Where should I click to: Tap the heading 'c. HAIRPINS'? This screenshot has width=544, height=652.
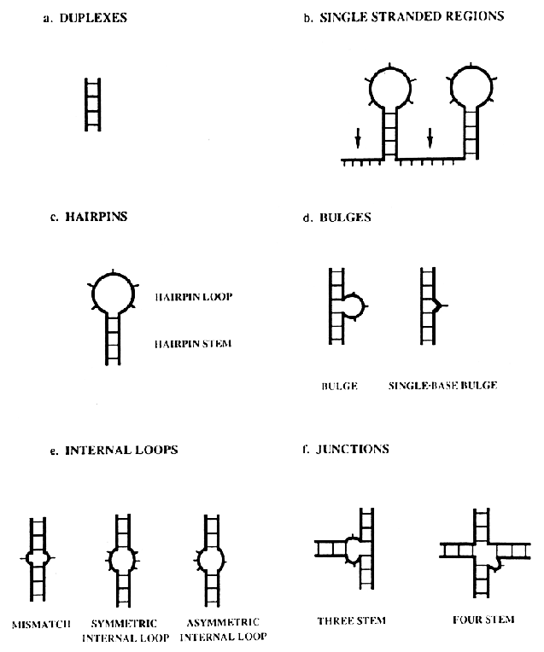coord(89,217)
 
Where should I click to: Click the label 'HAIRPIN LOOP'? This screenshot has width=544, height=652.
coord(194,297)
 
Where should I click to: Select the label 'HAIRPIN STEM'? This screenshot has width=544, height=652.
coord(194,343)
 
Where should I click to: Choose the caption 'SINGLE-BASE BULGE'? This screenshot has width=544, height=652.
coord(442,385)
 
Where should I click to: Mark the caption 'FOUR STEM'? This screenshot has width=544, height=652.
coord(483,620)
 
